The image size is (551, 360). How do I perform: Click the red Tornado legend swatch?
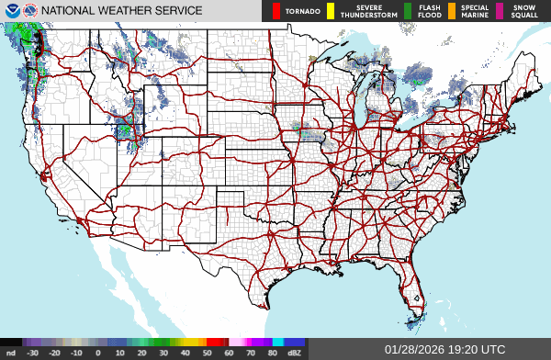(x=275, y=11)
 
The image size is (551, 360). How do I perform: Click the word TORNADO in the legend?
(x=302, y=12)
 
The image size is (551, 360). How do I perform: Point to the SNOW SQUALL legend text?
(x=525, y=11)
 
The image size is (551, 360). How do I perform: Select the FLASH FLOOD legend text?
(x=429, y=11)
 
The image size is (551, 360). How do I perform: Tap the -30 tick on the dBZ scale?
(x=33, y=352)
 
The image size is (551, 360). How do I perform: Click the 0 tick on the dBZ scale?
(x=98, y=352)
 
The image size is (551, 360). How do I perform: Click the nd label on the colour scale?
(x=11, y=352)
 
